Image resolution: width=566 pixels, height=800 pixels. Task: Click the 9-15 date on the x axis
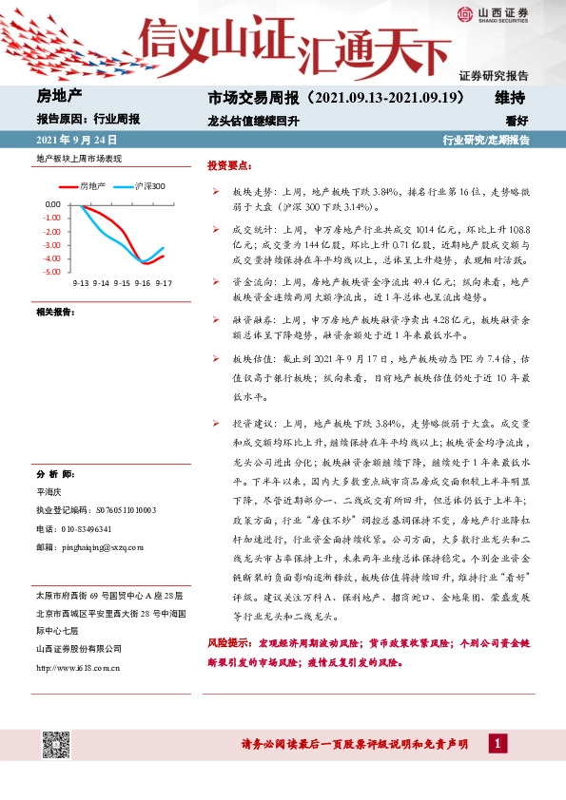pos(122,282)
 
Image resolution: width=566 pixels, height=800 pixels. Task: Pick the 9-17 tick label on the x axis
pos(164,282)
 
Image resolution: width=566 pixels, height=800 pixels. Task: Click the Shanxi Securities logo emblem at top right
pos(465,13)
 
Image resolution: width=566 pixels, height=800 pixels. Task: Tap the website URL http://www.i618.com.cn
pos(77,667)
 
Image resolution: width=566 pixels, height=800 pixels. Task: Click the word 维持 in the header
pos(511,98)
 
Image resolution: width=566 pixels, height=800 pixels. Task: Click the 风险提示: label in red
pos(230,643)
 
